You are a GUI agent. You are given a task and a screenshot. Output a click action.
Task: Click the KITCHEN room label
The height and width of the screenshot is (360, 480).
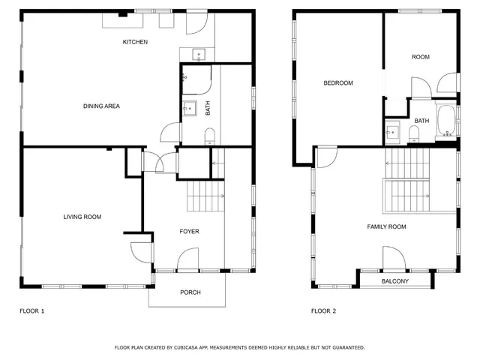[x=135, y=42]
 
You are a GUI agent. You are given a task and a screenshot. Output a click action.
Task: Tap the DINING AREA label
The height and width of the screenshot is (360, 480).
[x=101, y=106]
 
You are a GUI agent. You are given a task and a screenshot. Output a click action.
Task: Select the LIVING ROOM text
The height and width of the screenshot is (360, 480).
[x=82, y=217]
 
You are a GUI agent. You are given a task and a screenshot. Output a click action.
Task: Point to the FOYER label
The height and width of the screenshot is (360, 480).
[x=189, y=232]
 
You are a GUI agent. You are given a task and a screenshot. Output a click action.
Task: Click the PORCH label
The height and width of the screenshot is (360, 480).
[x=190, y=292]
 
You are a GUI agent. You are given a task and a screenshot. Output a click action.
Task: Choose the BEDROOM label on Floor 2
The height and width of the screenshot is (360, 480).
[x=337, y=83]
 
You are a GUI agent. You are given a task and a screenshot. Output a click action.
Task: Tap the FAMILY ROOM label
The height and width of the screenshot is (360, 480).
[x=385, y=226]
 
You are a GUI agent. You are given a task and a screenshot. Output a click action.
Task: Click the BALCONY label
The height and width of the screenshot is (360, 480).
[x=394, y=281]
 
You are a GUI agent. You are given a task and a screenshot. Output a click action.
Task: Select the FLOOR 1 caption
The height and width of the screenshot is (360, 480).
[x=31, y=310]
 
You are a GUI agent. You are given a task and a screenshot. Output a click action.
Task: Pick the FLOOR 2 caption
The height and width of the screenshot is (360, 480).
[x=324, y=310]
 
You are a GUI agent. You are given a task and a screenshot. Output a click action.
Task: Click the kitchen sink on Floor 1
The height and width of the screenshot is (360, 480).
[x=199, y=53]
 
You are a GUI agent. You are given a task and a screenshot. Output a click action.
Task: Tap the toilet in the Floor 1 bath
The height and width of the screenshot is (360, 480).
[x=209, y=135]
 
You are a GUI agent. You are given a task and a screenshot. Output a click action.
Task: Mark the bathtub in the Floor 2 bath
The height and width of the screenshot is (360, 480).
[x=445, y=121]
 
